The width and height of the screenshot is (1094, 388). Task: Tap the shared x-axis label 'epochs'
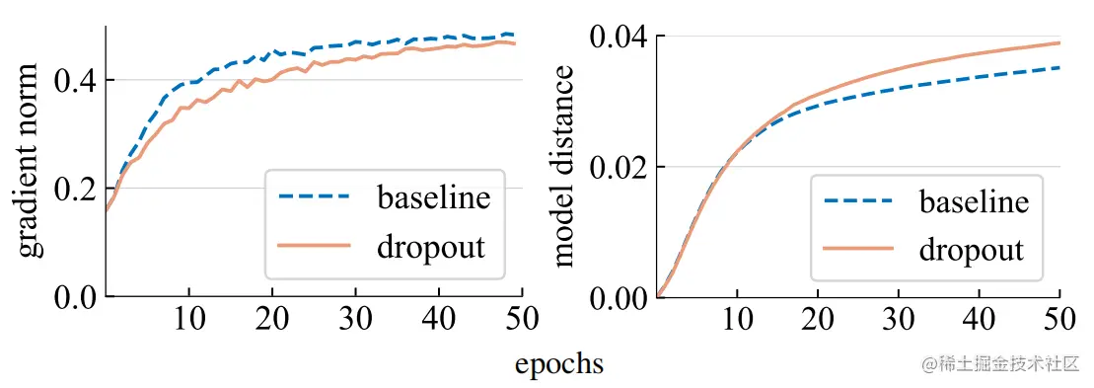tap(559, 364)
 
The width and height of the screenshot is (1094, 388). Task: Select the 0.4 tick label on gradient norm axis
tap(76, 80)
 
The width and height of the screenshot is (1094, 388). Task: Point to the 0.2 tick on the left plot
tap(76, 189)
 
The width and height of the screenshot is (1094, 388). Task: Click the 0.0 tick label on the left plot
tap(76, 297)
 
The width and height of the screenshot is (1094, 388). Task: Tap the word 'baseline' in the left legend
tap(433, 197)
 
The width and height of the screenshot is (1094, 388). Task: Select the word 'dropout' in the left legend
tap(431, 247)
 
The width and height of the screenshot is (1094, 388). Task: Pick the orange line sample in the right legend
tap(858, 250)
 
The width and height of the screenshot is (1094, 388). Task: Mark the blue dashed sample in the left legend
tap(315, 197)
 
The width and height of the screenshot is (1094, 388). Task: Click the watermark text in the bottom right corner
tap(1002, 364)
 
